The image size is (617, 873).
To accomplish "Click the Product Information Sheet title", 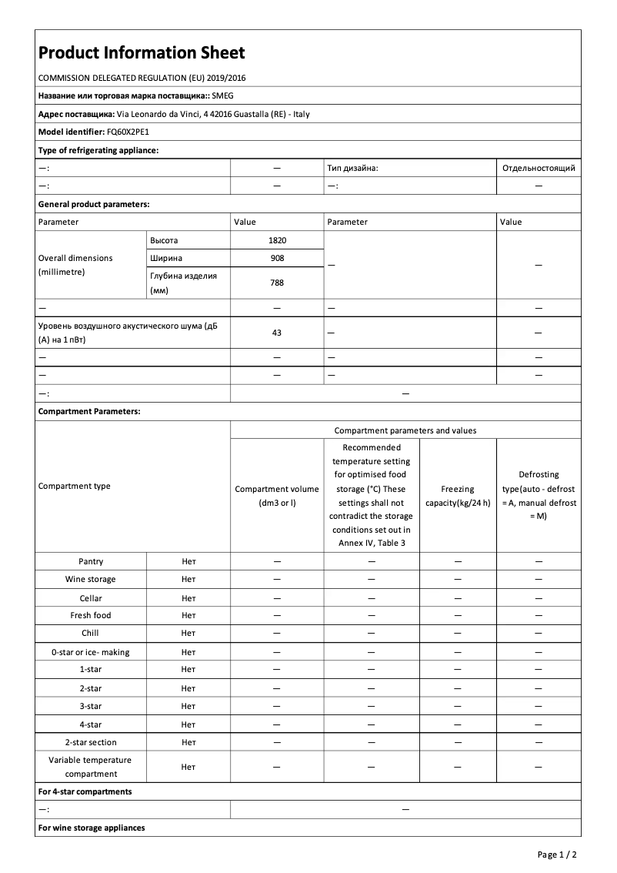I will tap(142, 53).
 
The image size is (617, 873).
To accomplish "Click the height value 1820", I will tap(277, 240).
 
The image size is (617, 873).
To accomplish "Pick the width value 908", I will tap(277, 258).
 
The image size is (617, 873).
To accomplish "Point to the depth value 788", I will tap(277, 283).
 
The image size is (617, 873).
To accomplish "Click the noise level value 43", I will tap(277, 333).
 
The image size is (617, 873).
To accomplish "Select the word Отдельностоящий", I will tap(538, 168).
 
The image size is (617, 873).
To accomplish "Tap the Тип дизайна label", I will tap(352, 168).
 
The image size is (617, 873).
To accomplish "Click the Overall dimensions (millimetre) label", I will tap(75, 265).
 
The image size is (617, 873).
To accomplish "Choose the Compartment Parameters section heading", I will tap(89, 412).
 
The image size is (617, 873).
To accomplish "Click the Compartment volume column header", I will tap(277, 496).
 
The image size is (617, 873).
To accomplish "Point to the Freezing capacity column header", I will tap(458, 496).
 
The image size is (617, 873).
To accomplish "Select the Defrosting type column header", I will tap(539, 495).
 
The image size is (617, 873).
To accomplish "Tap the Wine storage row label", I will tap(91, 580).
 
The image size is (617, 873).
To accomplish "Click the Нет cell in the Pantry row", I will tap(188, 562).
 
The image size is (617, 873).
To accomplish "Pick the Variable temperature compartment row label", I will tap(91, 767).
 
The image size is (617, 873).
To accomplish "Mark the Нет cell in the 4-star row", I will tap(188, 724).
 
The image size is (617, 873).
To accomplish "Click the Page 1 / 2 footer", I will tap(556, 855).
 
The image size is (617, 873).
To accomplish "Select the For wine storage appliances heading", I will tap(92, 828).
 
